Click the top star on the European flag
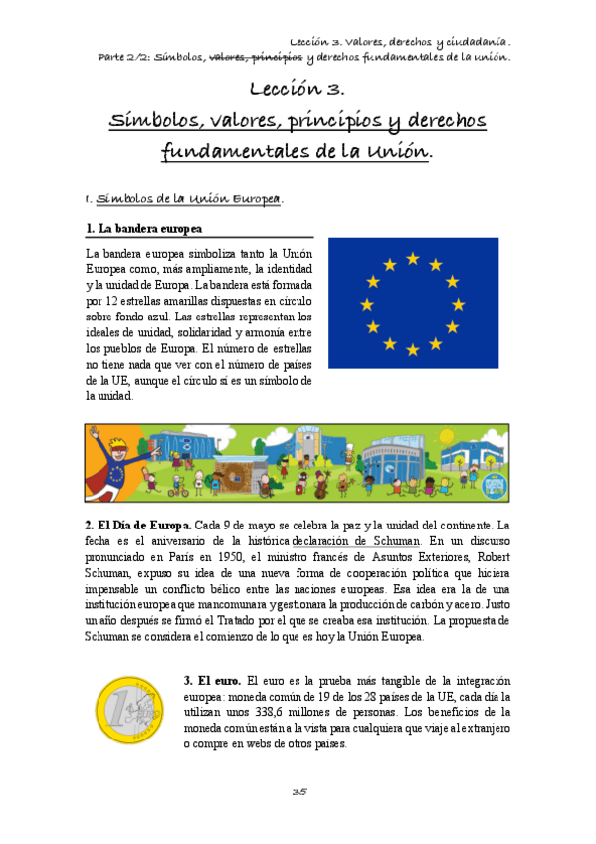[x=412, y=259]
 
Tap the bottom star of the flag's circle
[x=412, y=349]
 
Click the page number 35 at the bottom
[x=298, y=791]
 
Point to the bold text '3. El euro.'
[x=213, y=680]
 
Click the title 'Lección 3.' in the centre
[x=297, y=90]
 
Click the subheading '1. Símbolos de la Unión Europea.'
[x=185, y=198]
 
